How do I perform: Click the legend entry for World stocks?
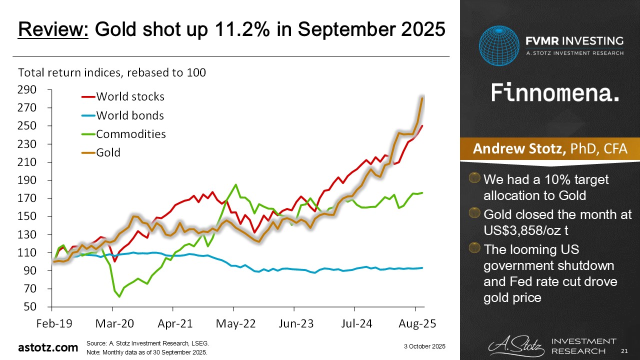(130, 96)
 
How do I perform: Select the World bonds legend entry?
(130, 115)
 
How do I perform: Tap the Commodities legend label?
(131, 134)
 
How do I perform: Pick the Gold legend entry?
(108, 152)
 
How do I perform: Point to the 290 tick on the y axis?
(27, 90)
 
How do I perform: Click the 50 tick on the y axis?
(31, 306)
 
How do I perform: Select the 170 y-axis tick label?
(27, 198)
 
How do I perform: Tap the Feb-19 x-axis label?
(54, 323)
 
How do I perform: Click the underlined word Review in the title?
(53, 29)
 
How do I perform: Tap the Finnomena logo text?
(555, 93)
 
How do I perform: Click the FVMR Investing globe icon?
(499, 46)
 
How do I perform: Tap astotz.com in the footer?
(48, 347)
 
